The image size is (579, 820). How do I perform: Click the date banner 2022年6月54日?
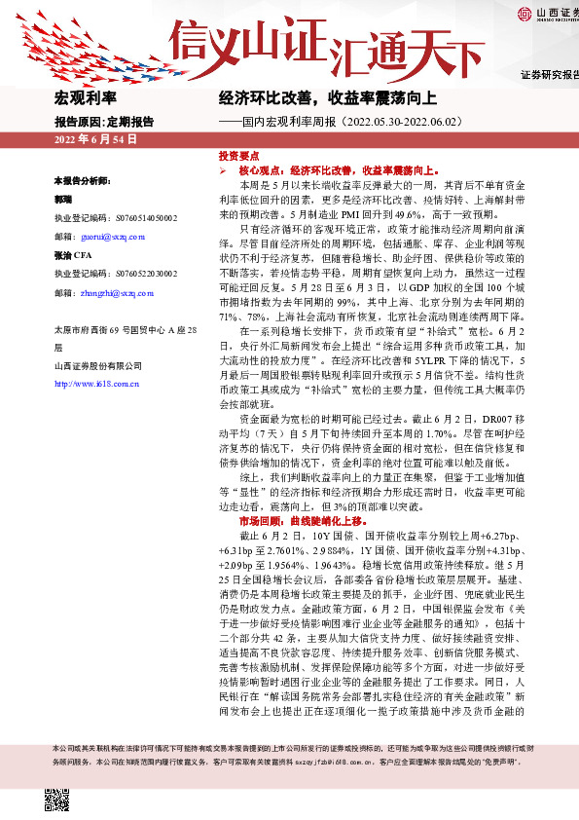click(x=95, y=140)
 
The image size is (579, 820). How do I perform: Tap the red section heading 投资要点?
click(x=238, y=156)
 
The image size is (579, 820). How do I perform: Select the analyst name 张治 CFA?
click(x=74, y=256)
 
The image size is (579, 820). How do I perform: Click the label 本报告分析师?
click(x=84, y=181)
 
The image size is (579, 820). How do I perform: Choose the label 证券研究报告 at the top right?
click(x=549, y=74)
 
